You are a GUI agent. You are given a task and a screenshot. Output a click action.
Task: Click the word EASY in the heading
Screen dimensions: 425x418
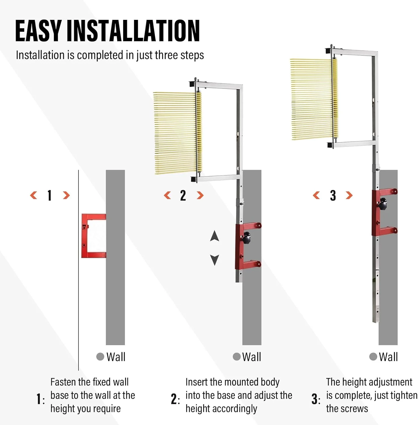point(38,31)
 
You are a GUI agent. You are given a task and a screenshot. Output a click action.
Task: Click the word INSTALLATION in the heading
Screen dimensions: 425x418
point(133,31)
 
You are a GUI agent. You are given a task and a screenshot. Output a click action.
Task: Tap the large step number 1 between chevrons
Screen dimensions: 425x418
point(50,195)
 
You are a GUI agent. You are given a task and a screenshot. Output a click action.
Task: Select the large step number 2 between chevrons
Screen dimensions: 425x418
point(183,195)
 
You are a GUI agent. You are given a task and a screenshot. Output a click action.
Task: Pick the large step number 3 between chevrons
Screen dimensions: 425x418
point(333,195)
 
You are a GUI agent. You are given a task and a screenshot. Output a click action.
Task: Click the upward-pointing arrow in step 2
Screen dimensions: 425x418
point(215,236)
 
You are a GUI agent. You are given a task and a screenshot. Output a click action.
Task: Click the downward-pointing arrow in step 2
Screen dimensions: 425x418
point(215,260)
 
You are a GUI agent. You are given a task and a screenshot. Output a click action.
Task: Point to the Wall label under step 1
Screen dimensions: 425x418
point(116,357)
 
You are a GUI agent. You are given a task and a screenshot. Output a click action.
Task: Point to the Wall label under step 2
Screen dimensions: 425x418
point(252,357)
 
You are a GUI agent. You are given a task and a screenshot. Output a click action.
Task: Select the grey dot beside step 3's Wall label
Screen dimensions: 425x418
point(373,357)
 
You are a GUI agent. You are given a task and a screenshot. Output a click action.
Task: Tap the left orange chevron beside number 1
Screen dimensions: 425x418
point(33,195)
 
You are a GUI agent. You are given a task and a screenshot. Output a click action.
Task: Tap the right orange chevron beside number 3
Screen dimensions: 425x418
point(349,195)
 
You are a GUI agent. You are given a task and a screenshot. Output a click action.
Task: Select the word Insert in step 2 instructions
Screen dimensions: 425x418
point(196,382)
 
